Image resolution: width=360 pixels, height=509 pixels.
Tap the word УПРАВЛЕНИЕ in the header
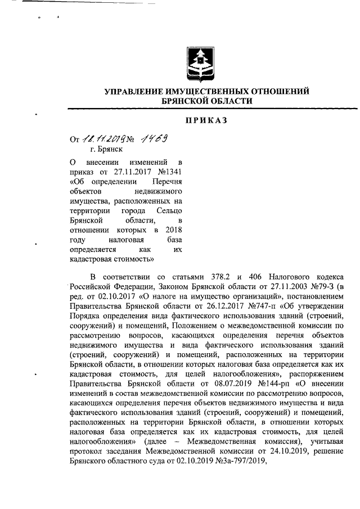(x=135, y=91)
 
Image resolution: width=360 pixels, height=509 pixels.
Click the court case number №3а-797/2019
(x=228, y=460)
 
